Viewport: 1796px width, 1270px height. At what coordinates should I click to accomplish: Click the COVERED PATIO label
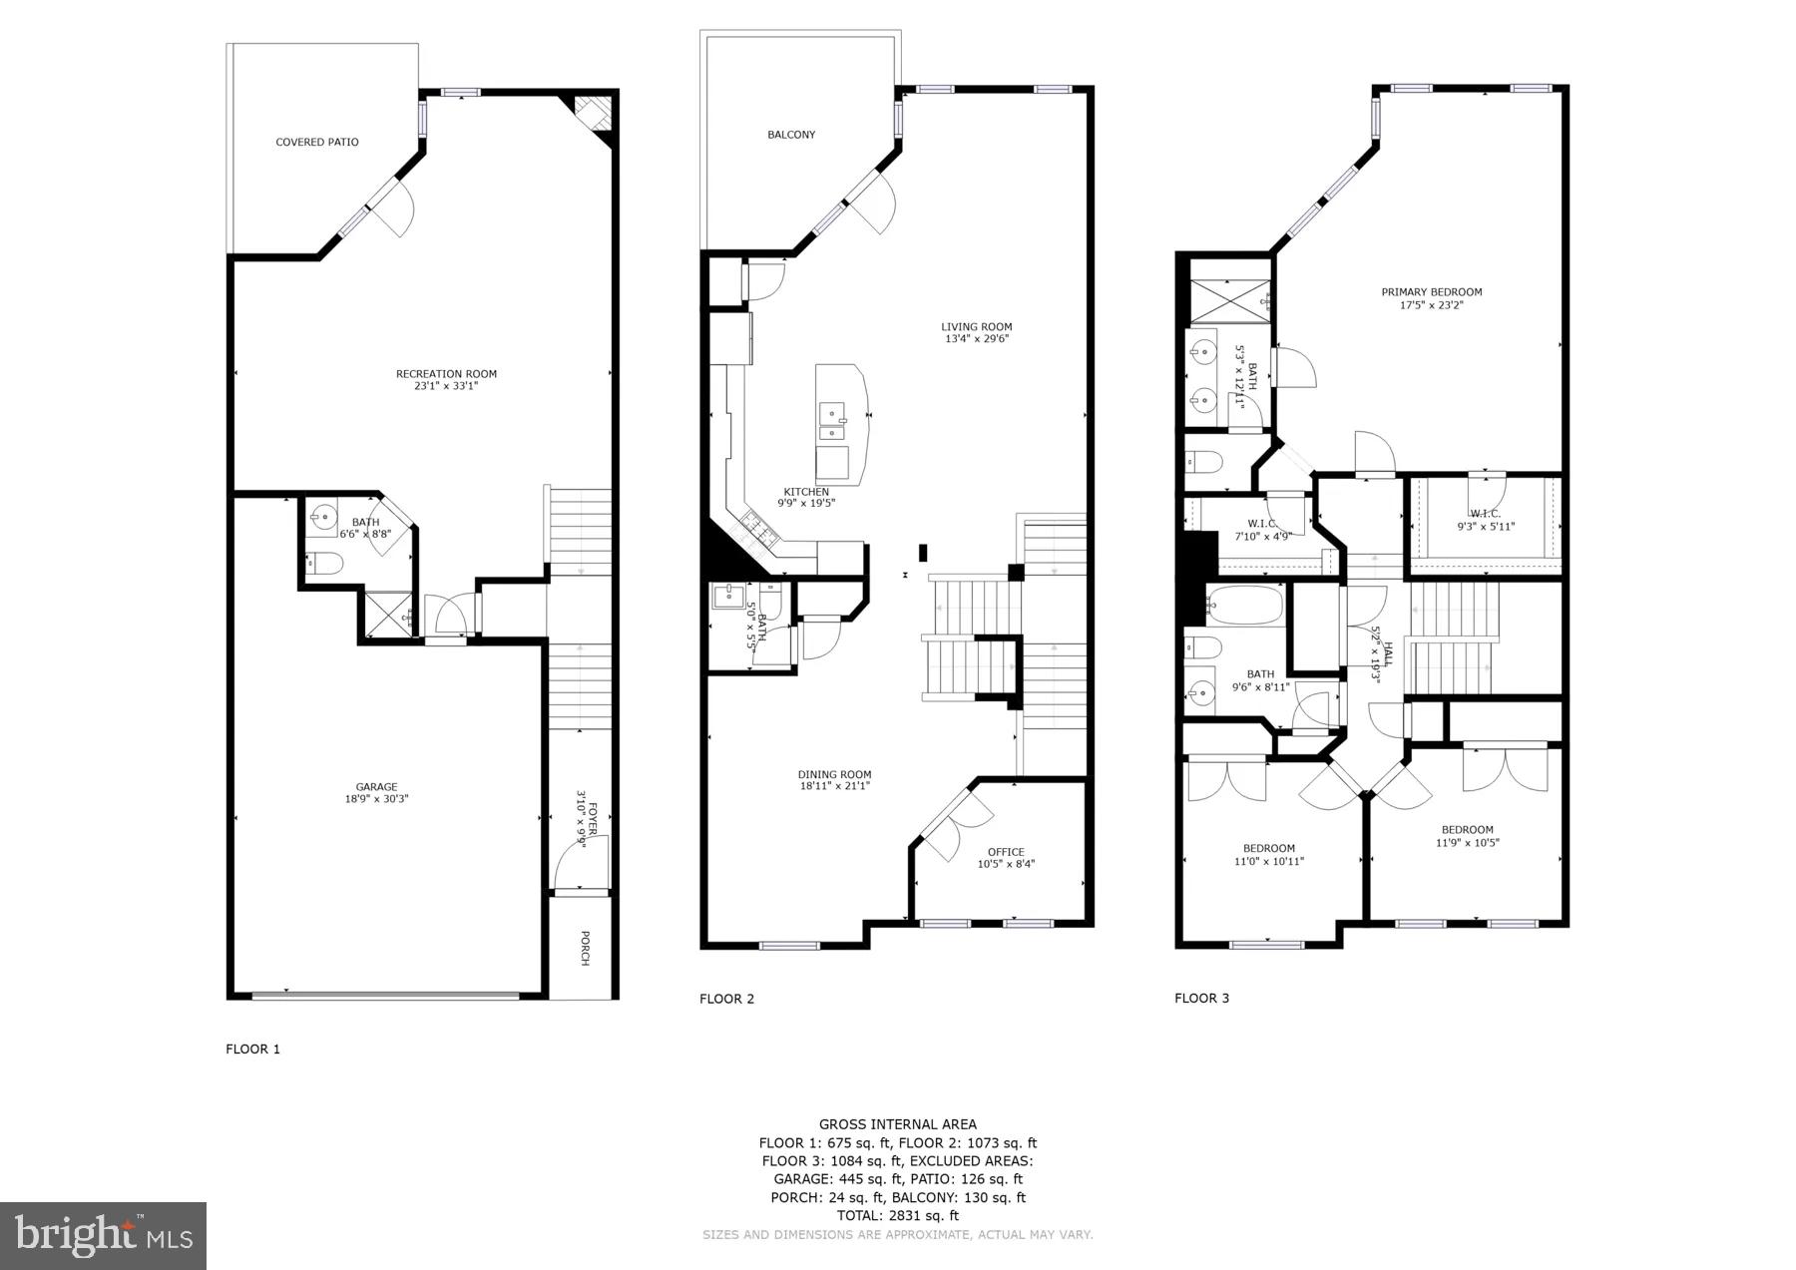pos(317,143)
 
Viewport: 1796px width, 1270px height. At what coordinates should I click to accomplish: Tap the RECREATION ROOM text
pos(446,374)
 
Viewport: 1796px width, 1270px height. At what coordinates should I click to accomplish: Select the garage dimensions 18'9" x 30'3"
pos(376,799)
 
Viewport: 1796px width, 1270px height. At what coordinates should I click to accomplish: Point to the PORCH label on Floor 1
pos(585,948)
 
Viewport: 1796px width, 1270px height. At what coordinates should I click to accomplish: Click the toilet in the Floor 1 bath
pos(324,565)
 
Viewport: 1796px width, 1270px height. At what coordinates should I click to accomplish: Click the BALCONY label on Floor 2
pos(791,135)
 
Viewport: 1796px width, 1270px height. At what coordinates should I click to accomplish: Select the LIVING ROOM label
pos(976,326)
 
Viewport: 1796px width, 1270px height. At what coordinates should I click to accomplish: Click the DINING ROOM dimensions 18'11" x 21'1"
pos(834,786)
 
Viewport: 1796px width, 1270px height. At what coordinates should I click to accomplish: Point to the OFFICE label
pos(1006,852)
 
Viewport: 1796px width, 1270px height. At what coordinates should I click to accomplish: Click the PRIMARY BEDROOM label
pos(1431,292)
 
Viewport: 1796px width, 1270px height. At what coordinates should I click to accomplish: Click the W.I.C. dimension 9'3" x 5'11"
pos(1486,527)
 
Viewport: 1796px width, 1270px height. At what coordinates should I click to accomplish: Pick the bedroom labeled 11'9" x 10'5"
pos(1467,836)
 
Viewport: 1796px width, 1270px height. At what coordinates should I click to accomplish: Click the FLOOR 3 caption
pos(1201,998)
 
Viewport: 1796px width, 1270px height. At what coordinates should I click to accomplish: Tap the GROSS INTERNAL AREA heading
pos(897,1124)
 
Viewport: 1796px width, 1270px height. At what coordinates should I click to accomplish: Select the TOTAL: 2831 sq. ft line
pos(897,1215)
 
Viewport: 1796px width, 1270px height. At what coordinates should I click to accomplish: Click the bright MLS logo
pos(104,1236)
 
